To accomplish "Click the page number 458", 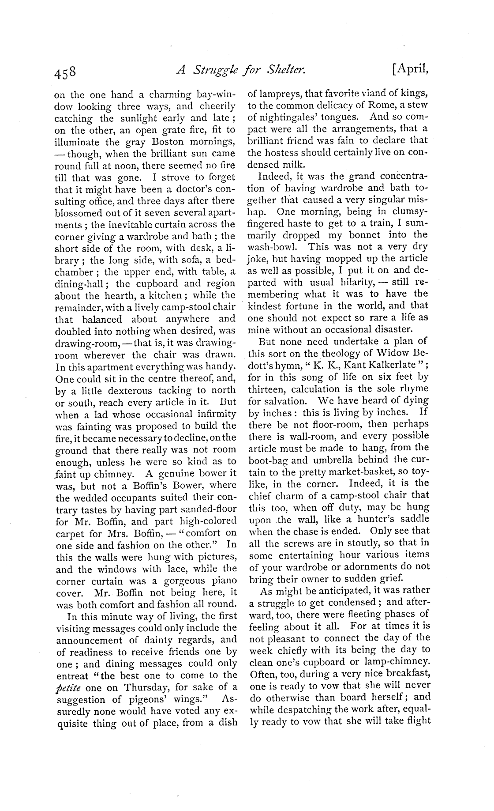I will pos(65,71).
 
